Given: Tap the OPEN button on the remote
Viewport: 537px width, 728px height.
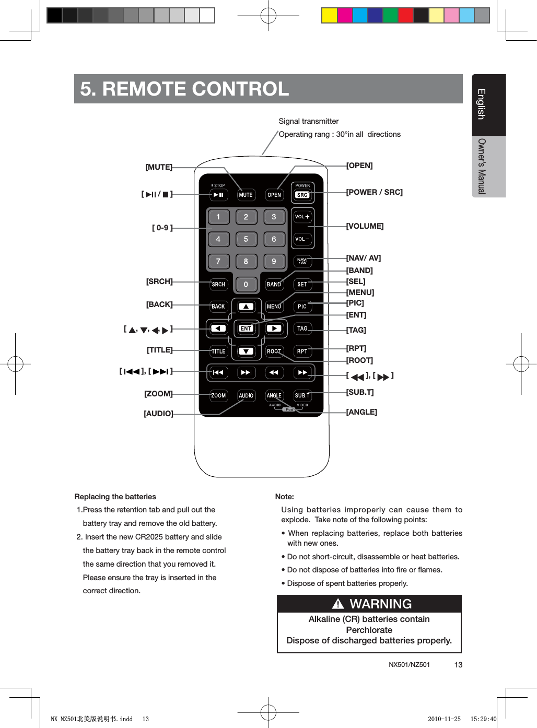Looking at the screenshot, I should click(274, 195).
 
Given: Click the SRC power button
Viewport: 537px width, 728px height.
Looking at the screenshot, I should click(302, 195).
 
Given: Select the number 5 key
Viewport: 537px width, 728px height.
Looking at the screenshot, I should click(246, 239).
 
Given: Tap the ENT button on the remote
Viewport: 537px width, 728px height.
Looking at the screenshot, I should click(246, 328).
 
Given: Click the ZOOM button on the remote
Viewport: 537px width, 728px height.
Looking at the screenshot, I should click(218, 396).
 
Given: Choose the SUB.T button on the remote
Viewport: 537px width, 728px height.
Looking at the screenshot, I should click(302, 396).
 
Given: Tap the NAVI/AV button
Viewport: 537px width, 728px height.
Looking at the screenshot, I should click(302, 261).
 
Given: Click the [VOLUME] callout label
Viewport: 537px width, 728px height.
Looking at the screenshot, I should click(365, 226).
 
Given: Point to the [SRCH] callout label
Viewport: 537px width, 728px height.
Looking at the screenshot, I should click(159, 281).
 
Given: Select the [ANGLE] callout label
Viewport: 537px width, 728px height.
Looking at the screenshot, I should click(361, 412).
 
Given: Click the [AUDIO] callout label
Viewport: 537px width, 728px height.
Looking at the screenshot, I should click(158, 414).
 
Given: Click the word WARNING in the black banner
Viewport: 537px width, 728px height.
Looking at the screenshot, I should click(380, 604).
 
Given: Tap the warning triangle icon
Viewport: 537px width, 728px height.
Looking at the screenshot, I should click(338, 604).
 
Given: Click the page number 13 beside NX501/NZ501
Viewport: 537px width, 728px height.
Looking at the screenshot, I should click(458, 665).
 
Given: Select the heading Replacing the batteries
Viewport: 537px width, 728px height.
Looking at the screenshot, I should click(115, 497).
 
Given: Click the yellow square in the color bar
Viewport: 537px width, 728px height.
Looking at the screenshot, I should click(329, 16).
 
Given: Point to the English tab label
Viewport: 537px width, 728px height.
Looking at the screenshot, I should click(482, 104).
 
